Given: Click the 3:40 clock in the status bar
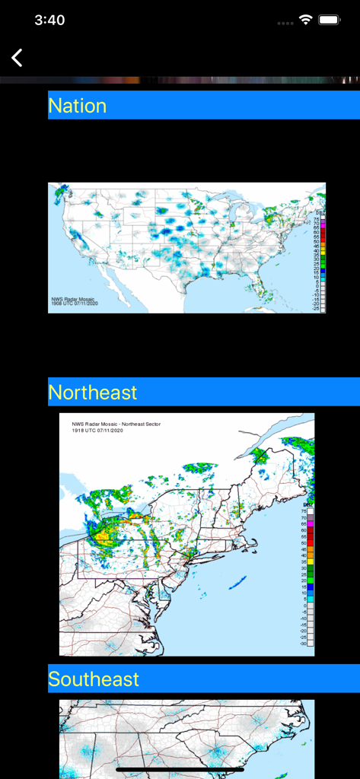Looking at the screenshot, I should point(49,21).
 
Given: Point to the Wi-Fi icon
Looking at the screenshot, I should point(305,21).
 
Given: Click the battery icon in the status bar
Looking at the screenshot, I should point(330,21).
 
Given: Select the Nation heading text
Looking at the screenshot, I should point(77,106).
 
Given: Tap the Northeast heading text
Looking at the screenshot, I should point(93,393).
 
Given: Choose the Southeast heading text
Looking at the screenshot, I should point(94,679).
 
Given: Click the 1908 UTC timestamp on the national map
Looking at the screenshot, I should point(74,304).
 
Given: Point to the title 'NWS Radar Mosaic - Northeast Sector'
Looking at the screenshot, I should point(116,424).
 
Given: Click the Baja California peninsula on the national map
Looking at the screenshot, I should point(110,283).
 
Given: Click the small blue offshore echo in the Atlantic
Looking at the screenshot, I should point(237,583).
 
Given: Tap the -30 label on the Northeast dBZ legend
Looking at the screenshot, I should point(304,644).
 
